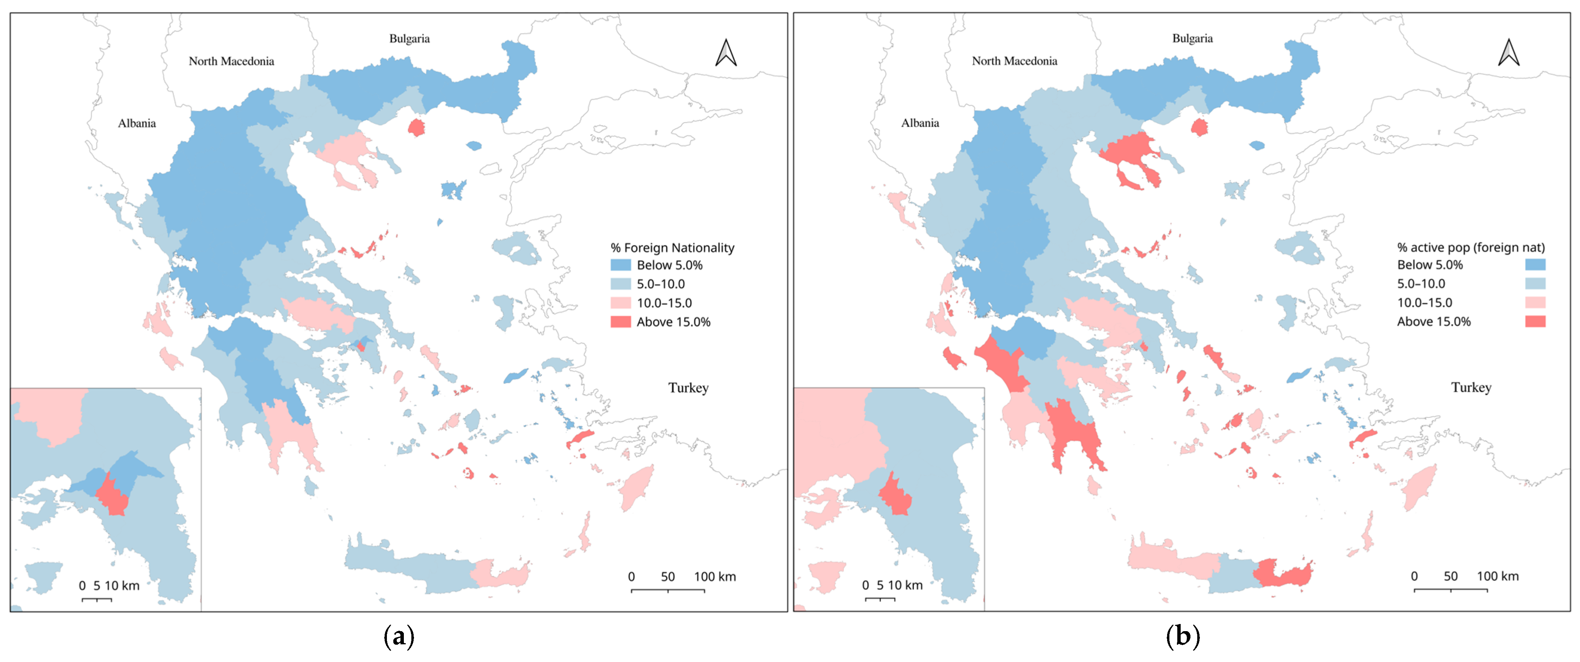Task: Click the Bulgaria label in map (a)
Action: click(409, 39)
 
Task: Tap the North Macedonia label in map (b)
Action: click(1014, 61)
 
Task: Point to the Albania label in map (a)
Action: click(137, 123)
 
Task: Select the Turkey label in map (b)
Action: click(1471, 388)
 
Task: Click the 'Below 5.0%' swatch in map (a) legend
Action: click(620, 265)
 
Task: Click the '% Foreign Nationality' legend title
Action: click(672, 248)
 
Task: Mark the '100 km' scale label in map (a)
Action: click(715, 577)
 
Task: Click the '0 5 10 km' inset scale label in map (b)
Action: click(892, 585)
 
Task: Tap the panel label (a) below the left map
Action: click(399, 637)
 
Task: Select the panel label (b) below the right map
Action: click(1182, 637)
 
